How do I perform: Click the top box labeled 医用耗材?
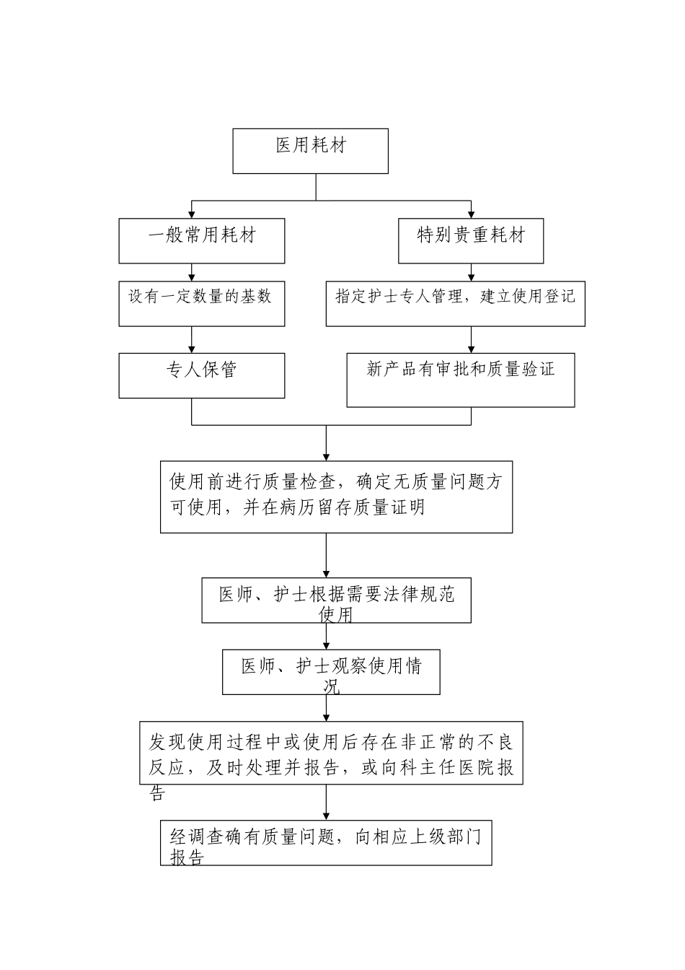310,151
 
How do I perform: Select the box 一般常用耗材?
201,241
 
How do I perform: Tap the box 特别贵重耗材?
471,241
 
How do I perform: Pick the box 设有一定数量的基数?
201,303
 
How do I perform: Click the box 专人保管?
201,375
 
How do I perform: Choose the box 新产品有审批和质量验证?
461,380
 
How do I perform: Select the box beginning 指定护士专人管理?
455,303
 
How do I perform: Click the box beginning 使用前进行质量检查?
336,497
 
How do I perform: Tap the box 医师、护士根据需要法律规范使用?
336,600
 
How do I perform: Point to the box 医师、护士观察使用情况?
331,672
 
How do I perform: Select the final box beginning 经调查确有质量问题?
326,842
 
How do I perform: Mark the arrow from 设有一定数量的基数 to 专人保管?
192,340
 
